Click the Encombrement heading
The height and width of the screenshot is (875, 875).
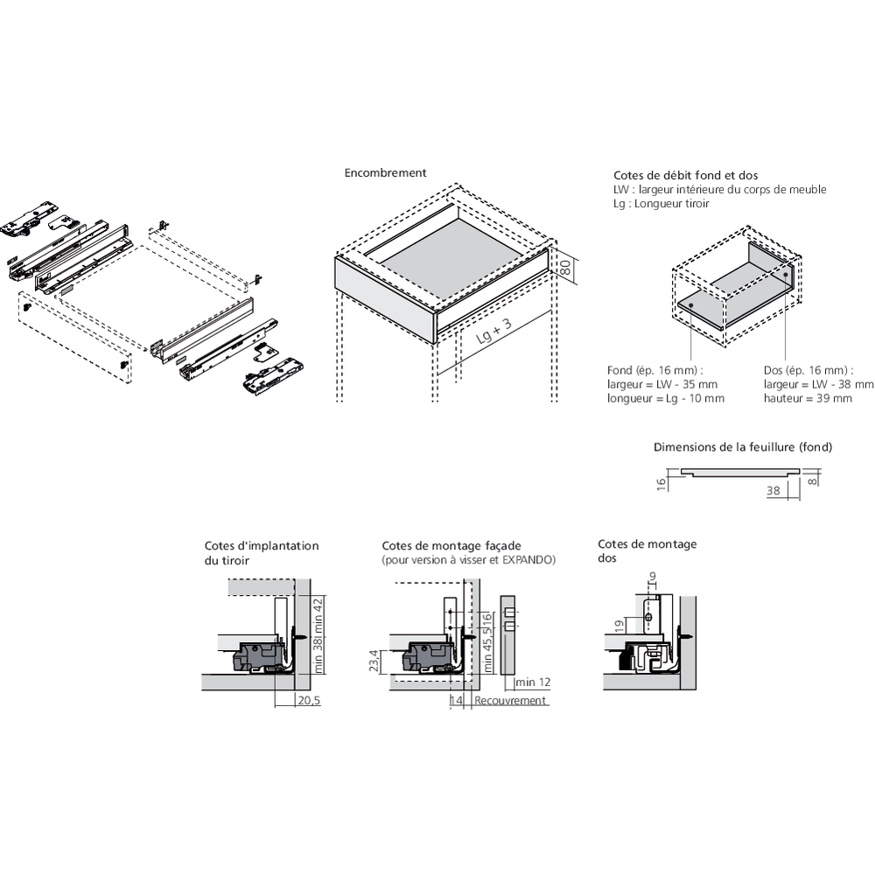(x=385, y=173)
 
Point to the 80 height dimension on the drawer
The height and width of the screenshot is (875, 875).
(x=565, y=269)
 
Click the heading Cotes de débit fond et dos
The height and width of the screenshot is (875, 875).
(x=674, y=176)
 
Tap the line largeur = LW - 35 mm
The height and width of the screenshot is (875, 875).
(x=661, y=384)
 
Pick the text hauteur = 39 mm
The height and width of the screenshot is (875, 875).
(x=808, y=398)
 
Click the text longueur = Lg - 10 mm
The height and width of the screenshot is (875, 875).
(x=665, y=398)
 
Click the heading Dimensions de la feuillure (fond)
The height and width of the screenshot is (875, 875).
(x=743, y=447)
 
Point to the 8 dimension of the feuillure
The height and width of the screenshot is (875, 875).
(x=814, y=479)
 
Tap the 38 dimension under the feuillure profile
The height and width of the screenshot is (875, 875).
(x=773, y=492)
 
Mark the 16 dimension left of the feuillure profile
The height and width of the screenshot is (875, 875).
(x=662, y=482)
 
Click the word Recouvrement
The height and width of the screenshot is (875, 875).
(x=510, y=701)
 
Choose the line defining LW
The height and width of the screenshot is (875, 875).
(x=719, y=190)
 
